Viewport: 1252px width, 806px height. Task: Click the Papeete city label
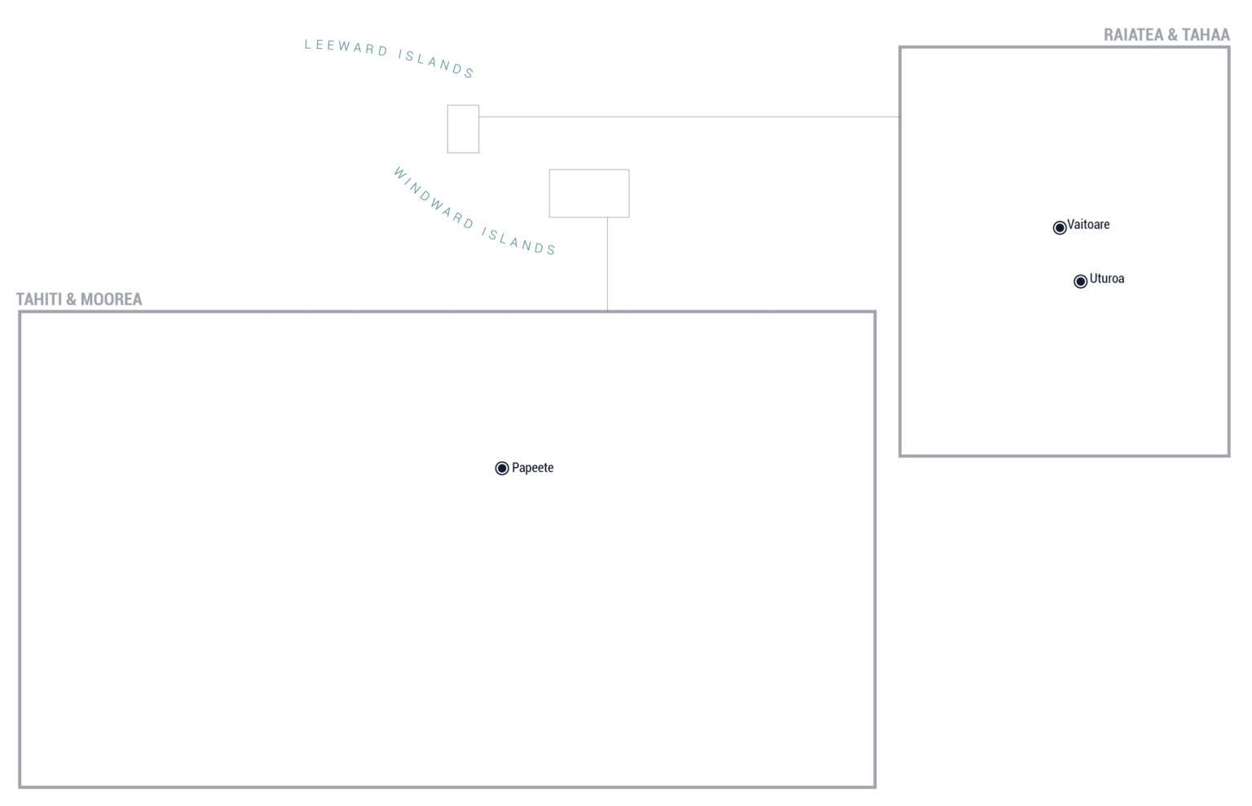tap(532, 468)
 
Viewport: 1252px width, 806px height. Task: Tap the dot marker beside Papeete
tap(502, 469)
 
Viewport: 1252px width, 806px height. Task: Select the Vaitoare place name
tap(1088, 225)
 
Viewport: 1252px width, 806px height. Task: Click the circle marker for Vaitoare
tap(1059, 227)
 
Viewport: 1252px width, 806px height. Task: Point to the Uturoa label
tap(1107, 279)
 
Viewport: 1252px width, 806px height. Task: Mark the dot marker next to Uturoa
tap(1080, 281)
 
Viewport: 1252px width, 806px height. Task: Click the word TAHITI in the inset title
tap(38, 300)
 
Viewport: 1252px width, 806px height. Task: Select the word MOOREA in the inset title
tap(111, 300)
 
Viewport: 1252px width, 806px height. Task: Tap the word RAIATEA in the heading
tap(1132, 35)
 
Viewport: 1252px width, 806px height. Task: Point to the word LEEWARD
tap(346, 47)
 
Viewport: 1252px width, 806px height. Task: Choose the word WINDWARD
tap(434, 198)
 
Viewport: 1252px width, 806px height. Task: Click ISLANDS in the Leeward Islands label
tap(436, 64)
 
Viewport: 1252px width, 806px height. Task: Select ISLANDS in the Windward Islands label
tap(519, 241)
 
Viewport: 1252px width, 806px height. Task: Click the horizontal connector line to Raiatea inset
tap(689, 117)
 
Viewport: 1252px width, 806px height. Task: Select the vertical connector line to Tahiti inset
tap(607, 264)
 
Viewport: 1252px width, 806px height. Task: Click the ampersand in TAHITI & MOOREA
tap(71, 300)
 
